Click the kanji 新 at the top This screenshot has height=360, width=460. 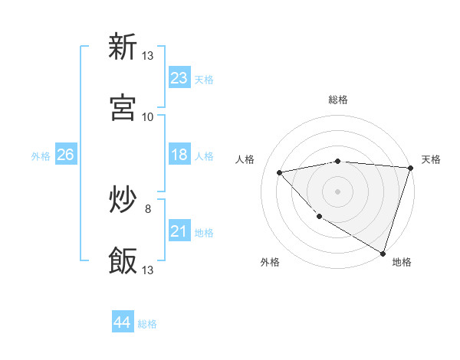123,47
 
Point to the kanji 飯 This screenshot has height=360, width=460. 123,260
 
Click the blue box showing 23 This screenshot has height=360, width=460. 179,78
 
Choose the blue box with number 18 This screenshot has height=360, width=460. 179,155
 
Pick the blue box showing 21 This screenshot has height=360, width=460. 179,231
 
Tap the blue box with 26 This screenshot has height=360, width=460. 65,155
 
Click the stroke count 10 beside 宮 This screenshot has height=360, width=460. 148,117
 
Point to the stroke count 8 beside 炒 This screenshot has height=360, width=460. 148,208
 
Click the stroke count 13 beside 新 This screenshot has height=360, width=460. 148,56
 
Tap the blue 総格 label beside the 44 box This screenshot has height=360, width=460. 147,324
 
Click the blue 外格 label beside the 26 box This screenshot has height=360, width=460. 41,156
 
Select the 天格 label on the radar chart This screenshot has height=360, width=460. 431,159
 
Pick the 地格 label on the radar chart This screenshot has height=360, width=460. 402,262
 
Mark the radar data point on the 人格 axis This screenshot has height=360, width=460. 280,172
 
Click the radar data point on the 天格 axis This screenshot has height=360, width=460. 410,168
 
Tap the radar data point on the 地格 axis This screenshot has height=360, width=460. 383,252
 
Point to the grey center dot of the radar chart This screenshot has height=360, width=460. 337,191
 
